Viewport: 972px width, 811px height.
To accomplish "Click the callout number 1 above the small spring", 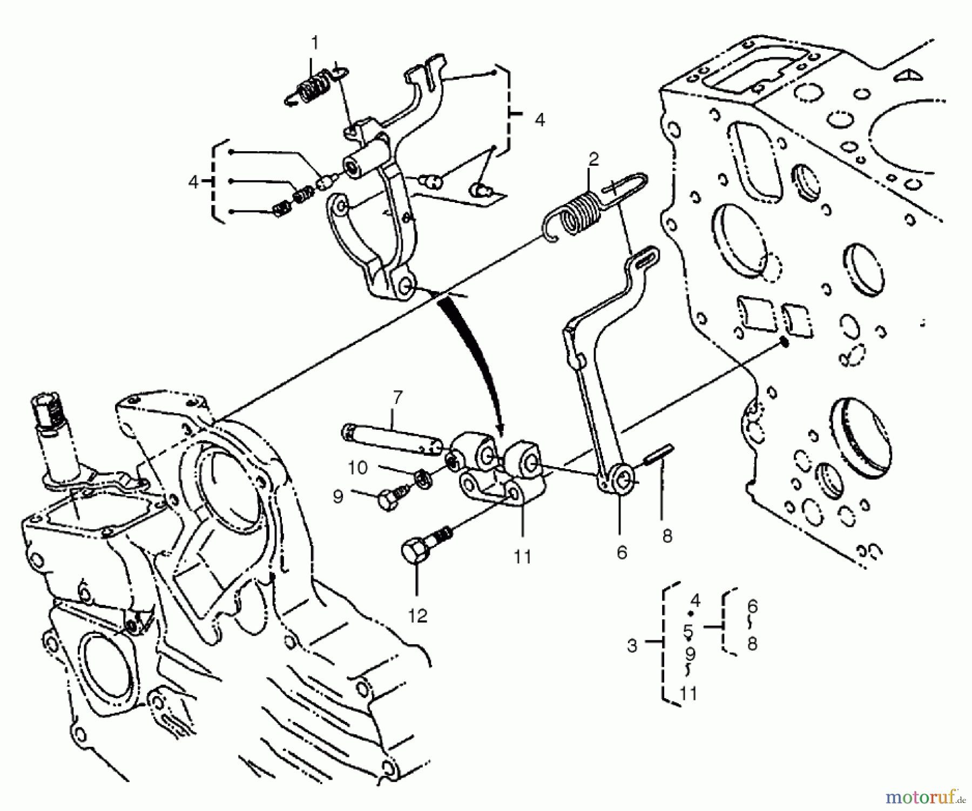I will (x=314, y=42).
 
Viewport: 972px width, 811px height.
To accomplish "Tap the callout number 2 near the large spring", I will (x=593, y=159).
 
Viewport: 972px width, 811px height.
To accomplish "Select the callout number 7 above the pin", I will (x=397, y=398).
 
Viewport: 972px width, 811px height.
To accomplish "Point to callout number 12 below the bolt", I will (x=418, y=616).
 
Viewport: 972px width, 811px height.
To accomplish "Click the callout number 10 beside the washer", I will (x=357, y=468).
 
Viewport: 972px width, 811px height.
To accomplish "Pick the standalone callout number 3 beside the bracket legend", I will (x=632, y=645).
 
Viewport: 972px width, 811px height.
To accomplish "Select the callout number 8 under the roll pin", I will (x=667, y=536).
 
